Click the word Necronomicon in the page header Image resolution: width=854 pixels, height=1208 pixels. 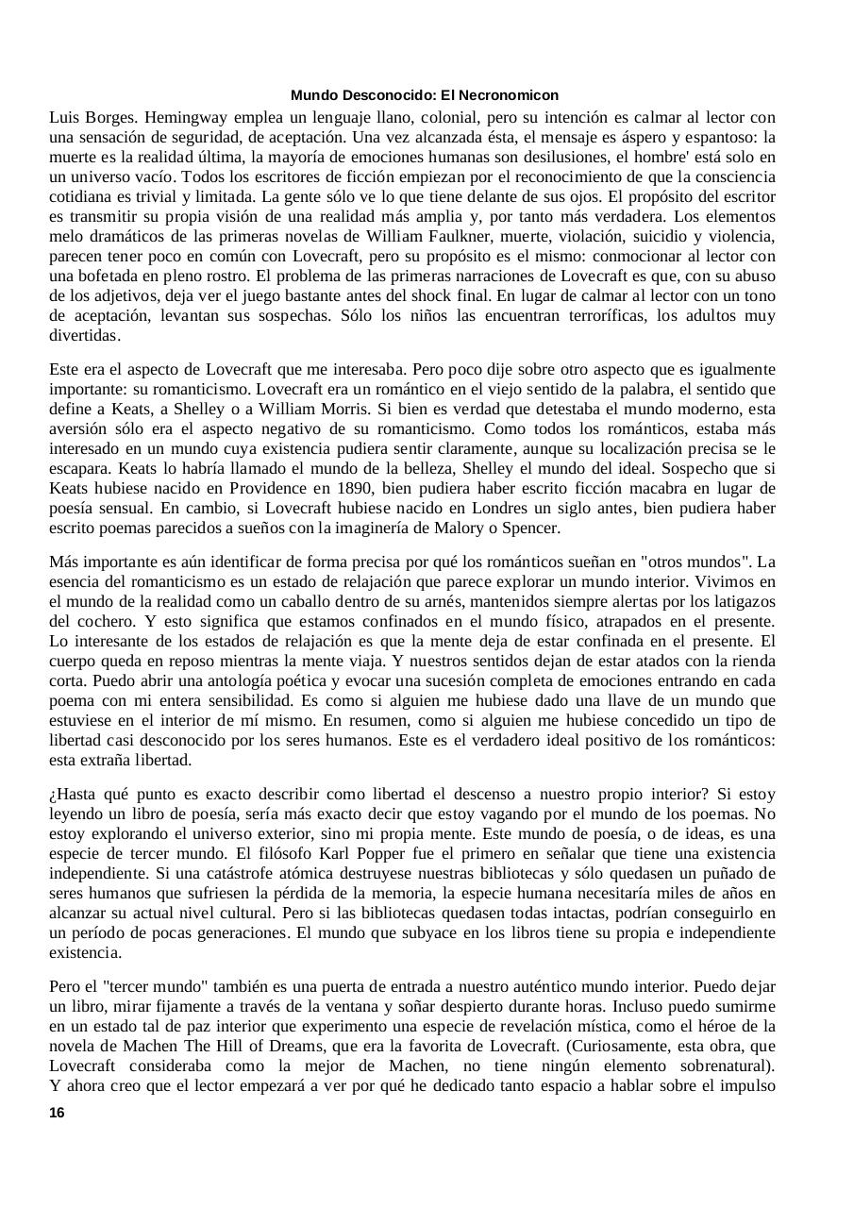[513, 95]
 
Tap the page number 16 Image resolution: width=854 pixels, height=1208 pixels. [57, 1113]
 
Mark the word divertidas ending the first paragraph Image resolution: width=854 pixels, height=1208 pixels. [84, 336]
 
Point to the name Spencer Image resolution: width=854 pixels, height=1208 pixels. [533, 528]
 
